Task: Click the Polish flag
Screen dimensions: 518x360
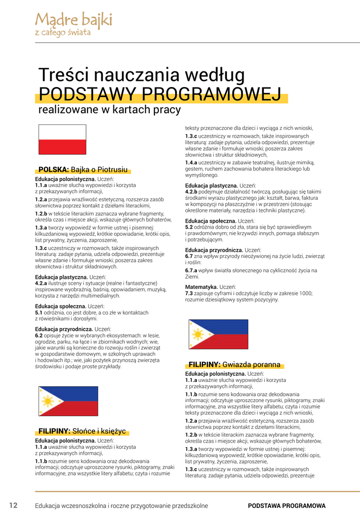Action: point(62,139)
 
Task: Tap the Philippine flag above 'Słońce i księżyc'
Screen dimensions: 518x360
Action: point(68,401)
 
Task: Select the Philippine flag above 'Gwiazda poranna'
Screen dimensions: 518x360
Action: point(218,334)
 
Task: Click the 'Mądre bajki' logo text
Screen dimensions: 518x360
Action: point(73,21)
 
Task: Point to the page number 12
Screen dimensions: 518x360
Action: point(14,505)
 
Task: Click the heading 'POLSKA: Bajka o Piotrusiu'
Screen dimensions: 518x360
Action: point(83,170)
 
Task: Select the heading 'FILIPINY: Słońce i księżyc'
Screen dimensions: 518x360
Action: point(82,431)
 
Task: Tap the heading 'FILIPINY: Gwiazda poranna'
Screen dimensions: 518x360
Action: point(234,365)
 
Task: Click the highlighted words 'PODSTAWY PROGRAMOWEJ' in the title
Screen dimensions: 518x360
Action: point(160,94)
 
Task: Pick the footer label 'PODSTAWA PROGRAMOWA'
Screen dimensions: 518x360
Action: point(287,506)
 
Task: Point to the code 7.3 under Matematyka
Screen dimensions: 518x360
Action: point(189,293)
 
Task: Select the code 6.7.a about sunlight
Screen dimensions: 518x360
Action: point(191,271)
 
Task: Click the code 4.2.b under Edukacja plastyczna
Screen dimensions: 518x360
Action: point(191,192)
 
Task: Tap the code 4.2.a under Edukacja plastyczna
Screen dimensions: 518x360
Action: point(41,283)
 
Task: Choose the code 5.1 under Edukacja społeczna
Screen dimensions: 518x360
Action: point(38,313)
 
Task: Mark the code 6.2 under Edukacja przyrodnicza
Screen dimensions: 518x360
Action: point(38,335)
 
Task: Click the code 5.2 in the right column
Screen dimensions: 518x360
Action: point(189,228)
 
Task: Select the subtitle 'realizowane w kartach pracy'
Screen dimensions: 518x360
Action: point(109,109)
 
